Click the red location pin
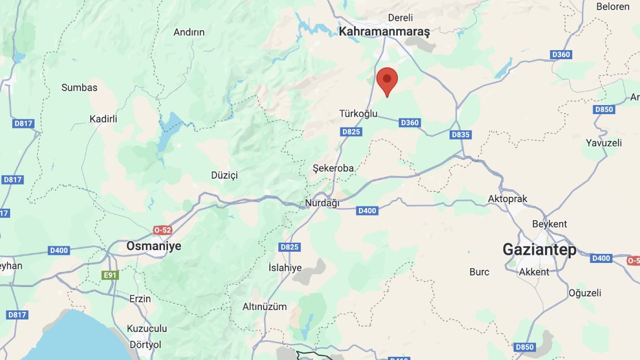pyautogui.click(x=387, y=81)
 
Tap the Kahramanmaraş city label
pyautogui.click(x=384, y=32)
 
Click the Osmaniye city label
pyautogui.click(x=154, y=246)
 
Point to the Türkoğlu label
pyautogui.click(x=358, y=114)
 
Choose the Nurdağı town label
pyautogui.click(x=322, y=203)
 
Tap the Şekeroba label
pyautogui.click(x=333, y=168)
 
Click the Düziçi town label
pyautogui.click(x=224, y=175)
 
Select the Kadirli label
pyautogui.click(x=103, y=119)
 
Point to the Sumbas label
pyautogui.click(x=79, y=87)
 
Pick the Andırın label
pyautogui.click(x=189, y=32)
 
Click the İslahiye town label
pyautogui.click(x=285, y=268)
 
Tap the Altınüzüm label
pyautogui.click(x=265, y=307)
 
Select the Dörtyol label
pyautogui.click(x=145, y=345)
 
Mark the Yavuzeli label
pyautogui.click(x=604, y=142)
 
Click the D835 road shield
pyautogui.click(x=460, y=134)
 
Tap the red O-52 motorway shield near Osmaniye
pyautogui.click(x=163, y=230)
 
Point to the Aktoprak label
pyautogui.click(x=507, y=199)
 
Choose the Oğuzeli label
pyautogui.click(x=585, y=293)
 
